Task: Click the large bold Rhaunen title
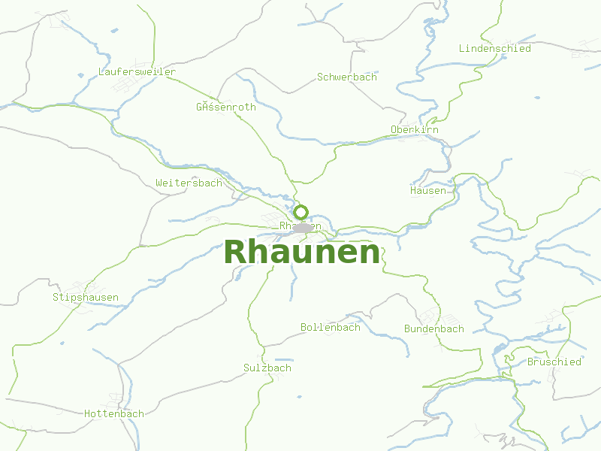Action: pos(302,253)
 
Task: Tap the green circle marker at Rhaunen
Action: pos(301,212)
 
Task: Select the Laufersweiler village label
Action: pos(137,72)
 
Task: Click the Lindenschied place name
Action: pos(494,49)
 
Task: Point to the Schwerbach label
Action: pos(346,77)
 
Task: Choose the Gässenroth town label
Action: pos(225,107)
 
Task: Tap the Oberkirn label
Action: pos(414,130)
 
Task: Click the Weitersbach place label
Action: pos(189,183)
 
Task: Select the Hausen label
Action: pos(427,191)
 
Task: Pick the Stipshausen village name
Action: pos(85,298)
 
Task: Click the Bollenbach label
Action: pos(330,328)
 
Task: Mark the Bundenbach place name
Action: pos(433,329)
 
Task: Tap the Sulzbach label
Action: pos(267,368)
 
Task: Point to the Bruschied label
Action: pos(554,362)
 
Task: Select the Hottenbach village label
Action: pos(113,414)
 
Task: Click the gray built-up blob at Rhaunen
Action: pos(304,227)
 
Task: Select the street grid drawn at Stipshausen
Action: pos(75,286)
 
